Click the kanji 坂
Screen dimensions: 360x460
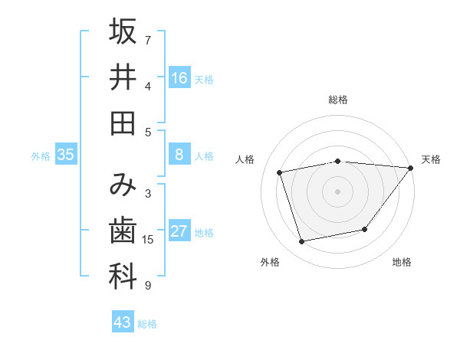tap(123, 32)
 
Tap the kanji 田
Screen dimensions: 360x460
tap(123, 123)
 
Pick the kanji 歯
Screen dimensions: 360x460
tap(123, 231)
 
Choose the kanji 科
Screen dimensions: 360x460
tap(123, 277)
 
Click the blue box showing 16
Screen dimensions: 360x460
tap(179, 77)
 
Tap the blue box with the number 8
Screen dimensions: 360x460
tap(179, 155)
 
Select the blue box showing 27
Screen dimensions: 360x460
tap(179, 231)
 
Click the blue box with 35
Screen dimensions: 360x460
tap(66, 155)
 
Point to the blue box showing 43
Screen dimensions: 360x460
tap(122, 322)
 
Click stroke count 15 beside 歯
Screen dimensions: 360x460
tap(148, 240)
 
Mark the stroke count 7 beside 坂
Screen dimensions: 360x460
tap(148, 40)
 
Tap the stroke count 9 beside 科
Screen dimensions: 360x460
tap(148, 286)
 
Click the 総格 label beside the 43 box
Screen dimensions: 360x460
tap(147, 324)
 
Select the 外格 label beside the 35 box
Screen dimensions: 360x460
tap(41, 156)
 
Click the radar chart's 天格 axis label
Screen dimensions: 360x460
tap(431, 159)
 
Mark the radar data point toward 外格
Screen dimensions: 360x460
tap(302, 242)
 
